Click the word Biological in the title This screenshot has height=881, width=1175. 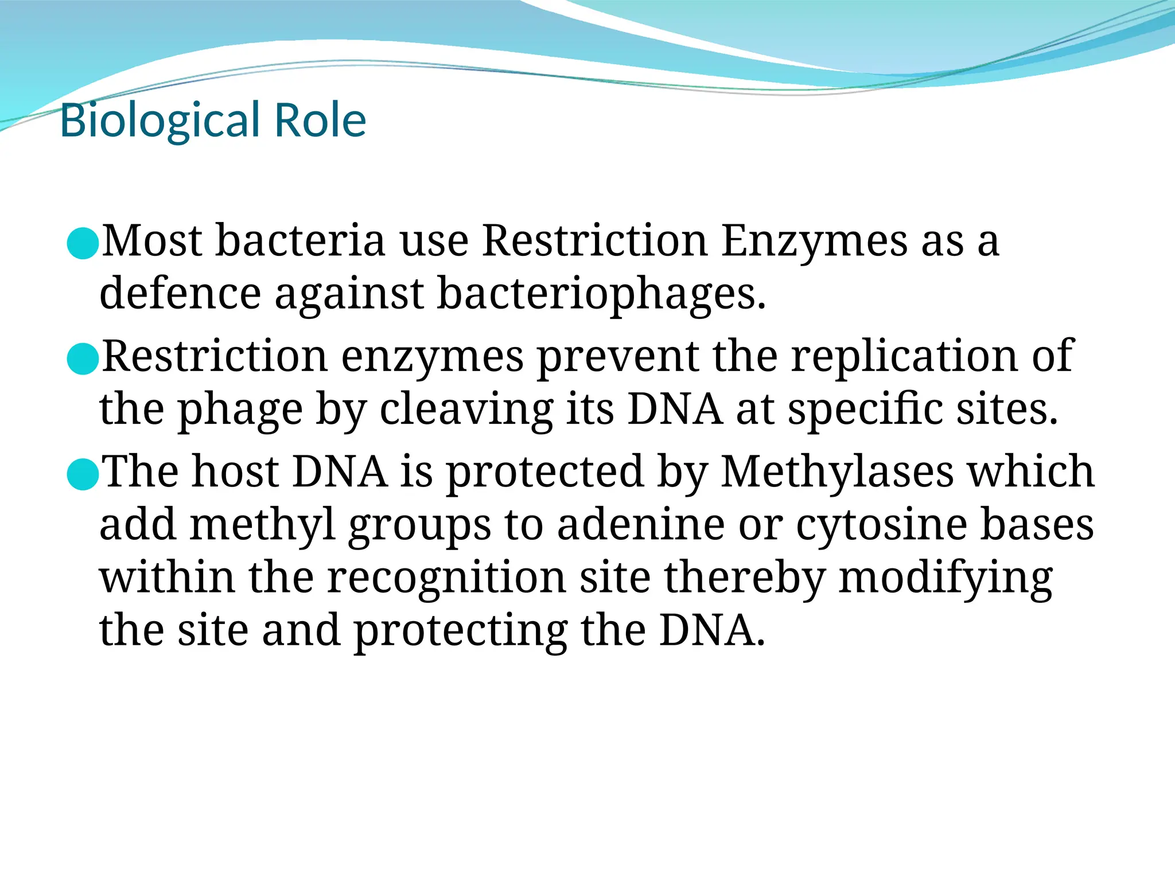pos(160,120)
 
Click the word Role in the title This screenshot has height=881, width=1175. pos(320,120)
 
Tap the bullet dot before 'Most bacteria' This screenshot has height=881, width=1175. pos(83,243)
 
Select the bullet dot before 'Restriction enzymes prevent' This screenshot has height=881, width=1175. pos(83,359)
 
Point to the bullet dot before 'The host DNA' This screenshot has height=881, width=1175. pos(83,474)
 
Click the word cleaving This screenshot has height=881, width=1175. pos(466,410)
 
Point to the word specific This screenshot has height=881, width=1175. pos(865,410)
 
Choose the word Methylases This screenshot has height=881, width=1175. pos(837,471)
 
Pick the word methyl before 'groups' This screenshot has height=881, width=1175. pos(262,525)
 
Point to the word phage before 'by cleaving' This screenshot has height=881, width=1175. pos(240,410)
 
